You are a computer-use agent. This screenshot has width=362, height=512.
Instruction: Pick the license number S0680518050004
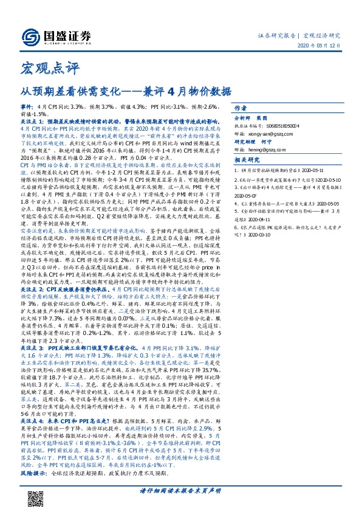coord(292,126)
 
